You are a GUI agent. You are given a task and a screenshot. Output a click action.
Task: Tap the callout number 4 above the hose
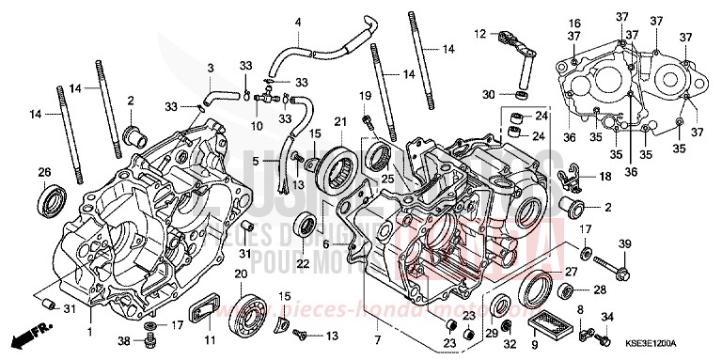click(x=299, y=21)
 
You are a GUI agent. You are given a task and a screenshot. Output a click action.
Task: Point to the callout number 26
click(x=44, y=171)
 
